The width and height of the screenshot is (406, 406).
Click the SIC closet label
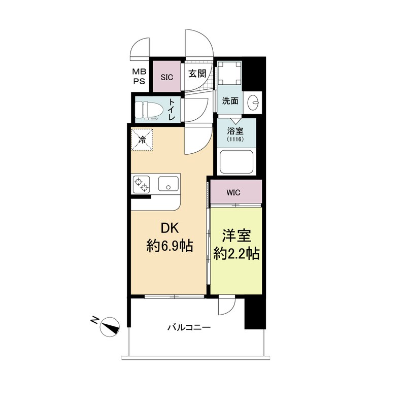[167, 78]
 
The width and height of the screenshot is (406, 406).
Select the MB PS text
[139, 77]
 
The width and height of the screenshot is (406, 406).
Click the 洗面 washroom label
[230, 100]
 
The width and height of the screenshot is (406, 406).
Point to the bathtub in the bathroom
[235, 163]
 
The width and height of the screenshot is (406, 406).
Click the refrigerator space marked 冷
[144, 139]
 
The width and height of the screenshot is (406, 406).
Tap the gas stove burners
[142, 184]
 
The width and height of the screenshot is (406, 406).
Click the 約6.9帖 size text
[169, 247]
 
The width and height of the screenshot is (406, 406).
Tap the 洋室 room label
[236, 236]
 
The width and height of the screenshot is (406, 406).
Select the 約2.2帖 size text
[236, 253]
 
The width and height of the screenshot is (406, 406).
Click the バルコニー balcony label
[189, 328]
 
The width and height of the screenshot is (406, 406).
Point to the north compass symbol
[110, 326]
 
